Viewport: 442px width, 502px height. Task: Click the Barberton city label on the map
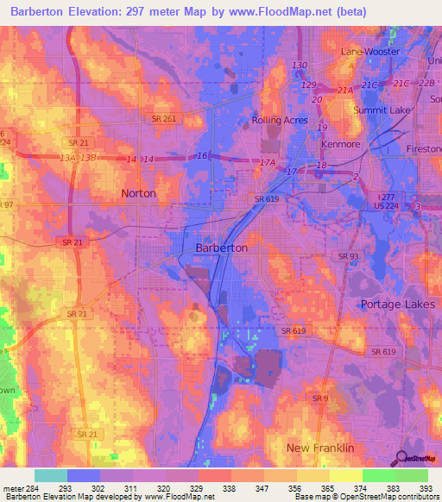pos(222,248)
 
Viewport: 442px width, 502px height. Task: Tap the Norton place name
pos(139,193)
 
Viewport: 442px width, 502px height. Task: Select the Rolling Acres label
pos(279,120)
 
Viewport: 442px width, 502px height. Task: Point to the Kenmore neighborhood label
pos(339,144)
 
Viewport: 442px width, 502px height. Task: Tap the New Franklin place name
pos(320,448)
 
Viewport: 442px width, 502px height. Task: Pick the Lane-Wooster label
pos(370,52)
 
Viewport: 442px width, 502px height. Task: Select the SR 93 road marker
pos(348,256)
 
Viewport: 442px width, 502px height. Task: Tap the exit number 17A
pos(268,162)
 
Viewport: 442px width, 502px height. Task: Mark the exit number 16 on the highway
pos(202,155)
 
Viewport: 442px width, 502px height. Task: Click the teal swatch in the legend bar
pos(51,475)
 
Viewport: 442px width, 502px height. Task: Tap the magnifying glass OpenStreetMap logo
pos(401,459)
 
